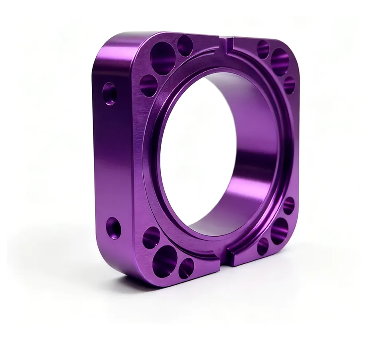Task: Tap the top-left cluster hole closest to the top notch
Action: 185,45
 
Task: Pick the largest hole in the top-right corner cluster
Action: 280,62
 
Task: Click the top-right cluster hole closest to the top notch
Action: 263,49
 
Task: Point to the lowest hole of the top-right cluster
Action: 289,85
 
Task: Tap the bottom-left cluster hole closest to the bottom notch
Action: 186,268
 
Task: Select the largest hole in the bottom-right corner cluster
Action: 279,231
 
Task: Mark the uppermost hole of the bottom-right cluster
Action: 288,206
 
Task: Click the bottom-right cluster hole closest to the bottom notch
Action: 263,246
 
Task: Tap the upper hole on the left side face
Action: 109,94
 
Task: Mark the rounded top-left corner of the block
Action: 105,44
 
